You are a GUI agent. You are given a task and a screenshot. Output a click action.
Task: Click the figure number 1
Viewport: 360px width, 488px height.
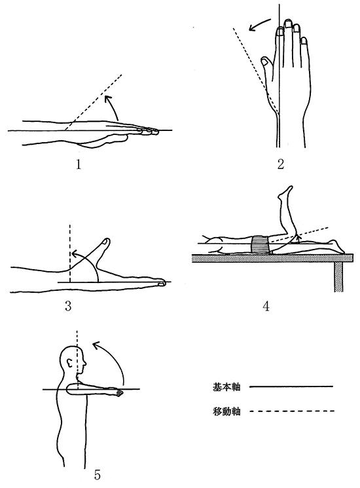(x=79, y=164)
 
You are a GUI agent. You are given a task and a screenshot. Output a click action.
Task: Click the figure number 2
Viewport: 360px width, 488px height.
(x=281, y=164)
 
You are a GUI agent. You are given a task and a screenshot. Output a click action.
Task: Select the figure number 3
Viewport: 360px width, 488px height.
(x=68, y=306)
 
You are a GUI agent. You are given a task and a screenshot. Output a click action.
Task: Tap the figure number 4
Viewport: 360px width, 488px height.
(x=266, y=307)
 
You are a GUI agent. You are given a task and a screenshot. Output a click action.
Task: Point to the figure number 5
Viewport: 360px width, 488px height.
(x=98, y=475)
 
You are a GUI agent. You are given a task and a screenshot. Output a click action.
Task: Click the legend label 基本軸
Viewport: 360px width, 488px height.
(x=226, y=387)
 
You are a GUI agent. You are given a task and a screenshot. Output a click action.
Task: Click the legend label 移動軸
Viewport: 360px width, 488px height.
(x=226, y=411)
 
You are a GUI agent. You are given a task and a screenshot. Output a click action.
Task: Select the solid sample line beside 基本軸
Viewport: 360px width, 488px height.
(x=291, y=387)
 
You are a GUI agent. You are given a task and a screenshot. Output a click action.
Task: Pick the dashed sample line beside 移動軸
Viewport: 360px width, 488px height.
(x=291, y=411)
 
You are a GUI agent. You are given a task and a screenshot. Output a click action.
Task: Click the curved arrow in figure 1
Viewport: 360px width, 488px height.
(x=113, y=106)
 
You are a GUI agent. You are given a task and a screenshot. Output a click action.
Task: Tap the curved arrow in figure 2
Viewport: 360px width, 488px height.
(x=259, y=24)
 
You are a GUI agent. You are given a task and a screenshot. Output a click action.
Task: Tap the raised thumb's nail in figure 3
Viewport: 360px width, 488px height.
(x=105, y=242)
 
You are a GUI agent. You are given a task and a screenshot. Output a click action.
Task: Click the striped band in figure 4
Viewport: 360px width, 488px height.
(x=260, y=245)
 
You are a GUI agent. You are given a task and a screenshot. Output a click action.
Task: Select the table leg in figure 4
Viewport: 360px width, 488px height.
(x=338, y=277)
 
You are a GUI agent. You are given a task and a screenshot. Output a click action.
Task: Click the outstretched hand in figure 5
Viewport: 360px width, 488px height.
(x=116, y=392)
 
